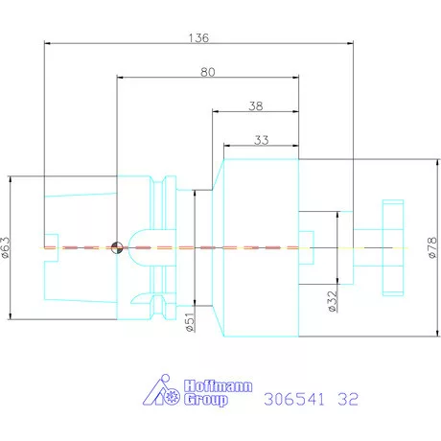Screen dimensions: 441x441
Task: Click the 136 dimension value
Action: tap(198, 38)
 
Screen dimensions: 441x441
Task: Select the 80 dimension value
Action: tap(208, 72)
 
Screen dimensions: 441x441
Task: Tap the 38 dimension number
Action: tap(256, 106)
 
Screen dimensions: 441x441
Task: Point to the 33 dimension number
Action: tap(262, 140)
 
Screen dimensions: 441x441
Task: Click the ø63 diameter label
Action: tap(6, 247)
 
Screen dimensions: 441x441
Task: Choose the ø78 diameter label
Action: tap(431, 247)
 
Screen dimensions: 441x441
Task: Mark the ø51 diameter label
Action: tap(190, 322)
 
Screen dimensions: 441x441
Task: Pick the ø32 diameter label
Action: tap(333, 301)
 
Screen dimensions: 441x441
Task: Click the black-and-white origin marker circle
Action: tap(117, 247)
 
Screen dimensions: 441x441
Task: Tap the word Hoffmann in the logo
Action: tap(218, 386)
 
